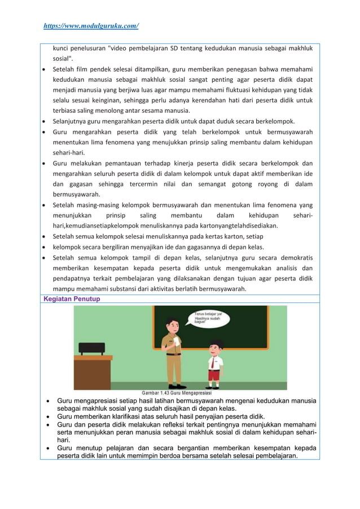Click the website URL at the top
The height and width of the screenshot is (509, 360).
[x=91, y=26]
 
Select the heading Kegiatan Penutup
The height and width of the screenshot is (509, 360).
[x=72, y=299]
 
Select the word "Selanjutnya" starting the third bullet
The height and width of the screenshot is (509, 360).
[x=71, y=121]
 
